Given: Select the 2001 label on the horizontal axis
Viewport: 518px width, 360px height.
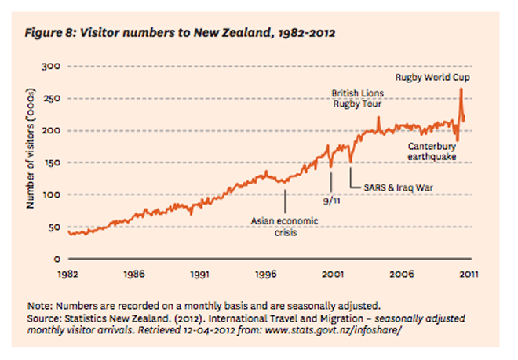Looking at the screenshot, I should coord(334,274).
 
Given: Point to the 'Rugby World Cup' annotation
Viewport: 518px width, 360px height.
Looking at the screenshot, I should coord(432,78).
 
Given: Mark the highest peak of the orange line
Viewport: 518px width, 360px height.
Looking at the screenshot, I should coord(461,89).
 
